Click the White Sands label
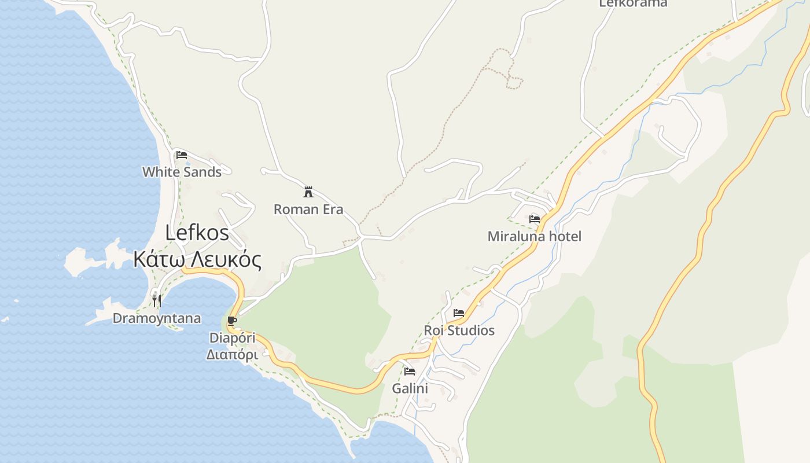182,172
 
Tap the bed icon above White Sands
182,155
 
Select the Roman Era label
308,210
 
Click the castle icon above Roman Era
308,192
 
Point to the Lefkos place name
197,233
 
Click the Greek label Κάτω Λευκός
197,260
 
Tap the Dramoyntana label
157,318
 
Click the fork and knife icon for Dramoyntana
156,300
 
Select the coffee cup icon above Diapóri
232,321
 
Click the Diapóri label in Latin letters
232,337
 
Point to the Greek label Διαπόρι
232,354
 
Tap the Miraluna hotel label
535,236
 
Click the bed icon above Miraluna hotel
535,219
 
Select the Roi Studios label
459,330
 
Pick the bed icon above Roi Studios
459,313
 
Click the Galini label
410,388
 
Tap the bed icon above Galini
410,371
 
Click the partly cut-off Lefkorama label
633,3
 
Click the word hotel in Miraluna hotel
564,236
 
